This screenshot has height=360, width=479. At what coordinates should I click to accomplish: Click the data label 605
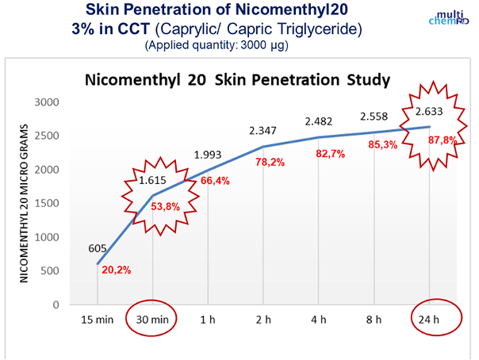pyautogui.click(x=97, y=249)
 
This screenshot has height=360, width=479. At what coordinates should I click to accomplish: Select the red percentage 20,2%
pyautogui.click(x=116, y=270)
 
